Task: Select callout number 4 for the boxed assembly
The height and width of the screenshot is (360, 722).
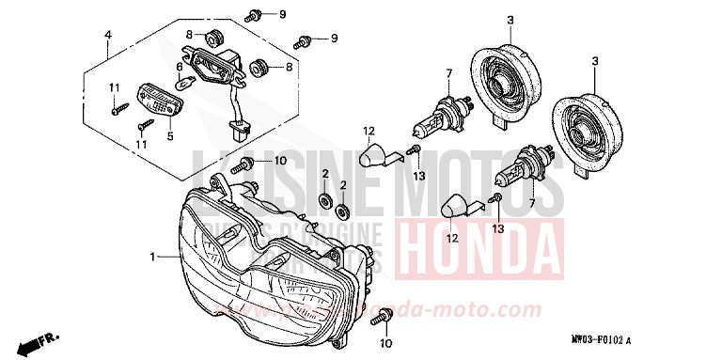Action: [x=108, y=36]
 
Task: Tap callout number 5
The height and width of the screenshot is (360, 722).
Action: [x=170, y=135]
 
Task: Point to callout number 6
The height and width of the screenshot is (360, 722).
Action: [x=180, y=68]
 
